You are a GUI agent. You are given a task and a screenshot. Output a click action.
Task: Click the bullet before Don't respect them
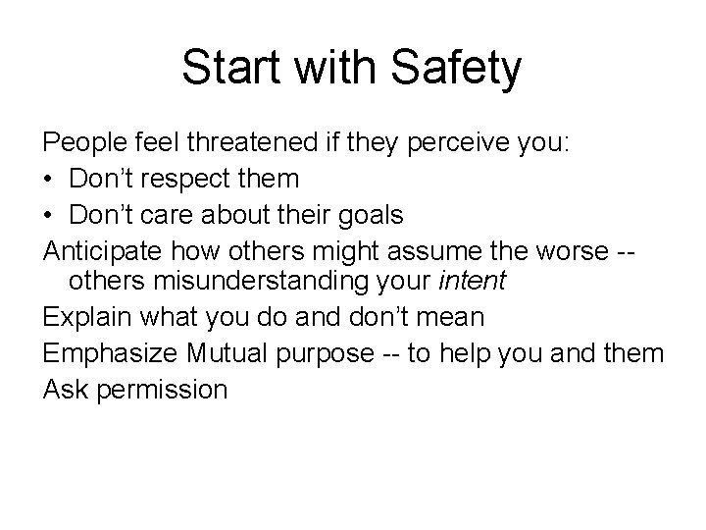[x=49, y=179]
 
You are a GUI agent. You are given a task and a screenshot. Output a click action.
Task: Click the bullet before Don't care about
[x=49, y=214]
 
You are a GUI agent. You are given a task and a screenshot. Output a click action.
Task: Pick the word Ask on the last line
[x=63, y=390]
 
